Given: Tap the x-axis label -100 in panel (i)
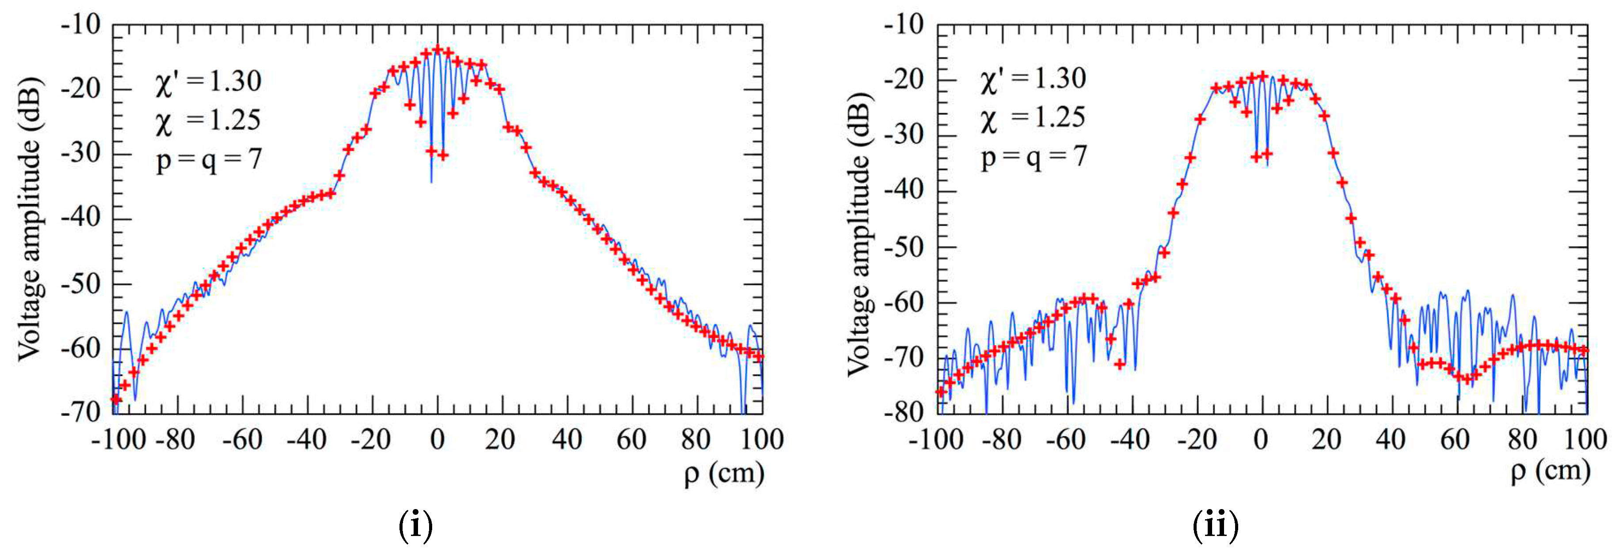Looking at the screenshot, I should [118, 439].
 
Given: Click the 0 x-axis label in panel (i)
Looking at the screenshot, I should [437, 439].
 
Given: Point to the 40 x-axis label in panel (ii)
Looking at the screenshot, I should [1390, 439].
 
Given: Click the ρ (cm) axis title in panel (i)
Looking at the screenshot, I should [723, 473].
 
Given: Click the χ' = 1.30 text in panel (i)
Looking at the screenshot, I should [208, 82].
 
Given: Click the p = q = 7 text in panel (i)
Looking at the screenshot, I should [208, 160].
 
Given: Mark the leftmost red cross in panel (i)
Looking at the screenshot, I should [115, 399].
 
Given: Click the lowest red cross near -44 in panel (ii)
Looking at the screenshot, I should [1120, 363].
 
